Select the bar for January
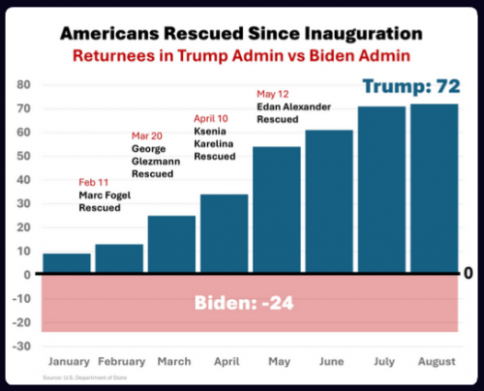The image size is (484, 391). [x=67, y=263]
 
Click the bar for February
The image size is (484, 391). [x=119, y=258]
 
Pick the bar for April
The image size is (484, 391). [x=224, y=234]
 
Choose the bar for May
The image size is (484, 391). [x=276, y=210]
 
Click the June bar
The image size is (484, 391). [x=328, y=201]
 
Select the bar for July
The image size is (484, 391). [x=380, y=190]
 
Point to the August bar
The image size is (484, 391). [x=433, y=189]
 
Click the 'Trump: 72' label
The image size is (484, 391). [x=408, y=87]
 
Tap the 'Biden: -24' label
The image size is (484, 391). [x=241, y=302]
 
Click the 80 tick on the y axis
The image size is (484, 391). [x=24, y=85]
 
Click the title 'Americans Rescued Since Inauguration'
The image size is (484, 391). [x=242, y=34]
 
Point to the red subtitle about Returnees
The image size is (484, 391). [x=242, y=56]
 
